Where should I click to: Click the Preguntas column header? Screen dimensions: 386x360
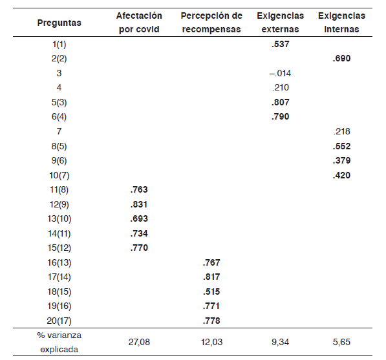click(59, 23)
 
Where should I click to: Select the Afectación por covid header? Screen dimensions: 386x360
click(139, 23)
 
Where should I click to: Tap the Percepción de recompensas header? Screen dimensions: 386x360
click(211, 23)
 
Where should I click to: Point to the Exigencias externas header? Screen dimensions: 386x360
click(280, 23)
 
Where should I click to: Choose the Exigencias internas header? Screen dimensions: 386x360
click(341, 23)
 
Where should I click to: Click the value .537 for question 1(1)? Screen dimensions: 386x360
click(280, 44)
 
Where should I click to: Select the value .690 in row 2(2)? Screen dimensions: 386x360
click(341, 58)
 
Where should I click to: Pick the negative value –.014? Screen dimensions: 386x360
click(280, 73)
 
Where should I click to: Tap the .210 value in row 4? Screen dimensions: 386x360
click(280, 87)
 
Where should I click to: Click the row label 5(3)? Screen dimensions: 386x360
click(59, 102)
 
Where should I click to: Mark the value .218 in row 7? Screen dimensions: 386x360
click(341, 131)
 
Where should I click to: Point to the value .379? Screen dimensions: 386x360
click(341, 160)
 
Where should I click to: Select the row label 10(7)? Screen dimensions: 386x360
click(59, 175)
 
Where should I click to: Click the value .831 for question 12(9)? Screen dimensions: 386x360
click(139, 204)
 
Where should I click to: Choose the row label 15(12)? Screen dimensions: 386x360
click(59, 248)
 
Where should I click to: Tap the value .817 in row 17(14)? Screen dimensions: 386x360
click(211, 277)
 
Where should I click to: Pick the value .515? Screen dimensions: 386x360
click(211, 291)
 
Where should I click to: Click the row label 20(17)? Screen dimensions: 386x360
click(59, 321)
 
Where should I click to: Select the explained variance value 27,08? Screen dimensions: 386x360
click(139, 342)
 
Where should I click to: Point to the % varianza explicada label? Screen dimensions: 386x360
click(59, 342)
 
